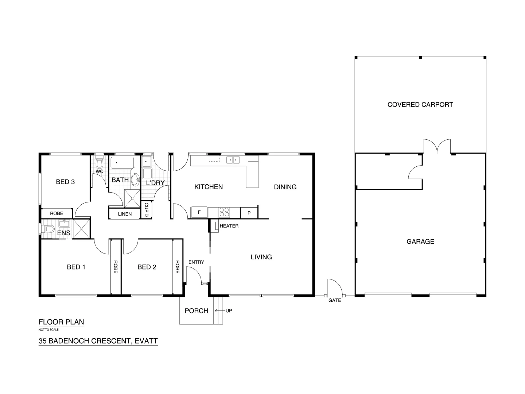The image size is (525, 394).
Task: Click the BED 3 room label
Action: pos(65,182)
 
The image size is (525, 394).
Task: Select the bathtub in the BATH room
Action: pos(122,163)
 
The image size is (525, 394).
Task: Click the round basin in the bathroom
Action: pos(135,179)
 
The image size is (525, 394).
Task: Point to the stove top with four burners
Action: pos(224,212)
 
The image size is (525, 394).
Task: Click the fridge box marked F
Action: pos(199,212)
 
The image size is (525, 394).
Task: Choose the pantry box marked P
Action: pos(249,213)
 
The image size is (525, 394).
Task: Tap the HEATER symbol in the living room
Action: pos(217,226)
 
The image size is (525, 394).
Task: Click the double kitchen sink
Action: pos(233,160)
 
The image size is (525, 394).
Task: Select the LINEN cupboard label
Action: pos(125,214)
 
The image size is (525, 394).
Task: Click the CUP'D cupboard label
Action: pos(146,210)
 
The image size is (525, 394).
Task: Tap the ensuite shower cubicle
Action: pos(81,229)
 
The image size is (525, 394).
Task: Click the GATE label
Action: pos(335,301)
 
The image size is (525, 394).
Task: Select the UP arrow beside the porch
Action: pos(220,311)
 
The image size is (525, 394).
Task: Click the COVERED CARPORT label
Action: pos(420,105)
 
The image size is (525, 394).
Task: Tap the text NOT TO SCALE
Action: pos(48,330)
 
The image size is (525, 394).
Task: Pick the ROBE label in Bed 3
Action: pos(57,213)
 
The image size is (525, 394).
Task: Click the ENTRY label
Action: pos(196,262)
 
